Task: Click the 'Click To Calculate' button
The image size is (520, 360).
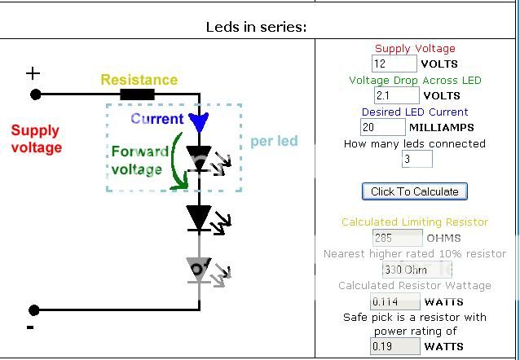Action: [x=415, y=191]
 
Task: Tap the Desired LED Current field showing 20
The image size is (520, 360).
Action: [x=383, y=127]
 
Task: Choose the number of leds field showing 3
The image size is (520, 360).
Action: [x=416, y=159]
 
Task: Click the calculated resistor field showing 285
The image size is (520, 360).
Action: [x=397, y=238]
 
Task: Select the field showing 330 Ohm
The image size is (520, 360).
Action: [x=416, y=270]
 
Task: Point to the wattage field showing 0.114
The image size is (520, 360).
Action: [x=395, y=301]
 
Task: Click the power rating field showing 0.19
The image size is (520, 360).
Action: [x=395, y=346]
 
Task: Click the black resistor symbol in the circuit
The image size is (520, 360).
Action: [x=138, y=94]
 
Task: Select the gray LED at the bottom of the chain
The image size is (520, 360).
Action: [x=199, y=270]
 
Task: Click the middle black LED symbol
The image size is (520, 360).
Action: [x=199, y=217]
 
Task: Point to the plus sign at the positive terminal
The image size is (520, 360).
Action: [x=33, y=73]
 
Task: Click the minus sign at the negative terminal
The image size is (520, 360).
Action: [x=30, y=327]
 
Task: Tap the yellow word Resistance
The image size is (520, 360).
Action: [x=139, y=80]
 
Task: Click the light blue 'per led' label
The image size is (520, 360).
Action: [x=274, y=141]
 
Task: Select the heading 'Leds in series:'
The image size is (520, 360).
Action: [x=256, y=27]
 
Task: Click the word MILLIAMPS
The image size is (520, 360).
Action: [x=442, y=128]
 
